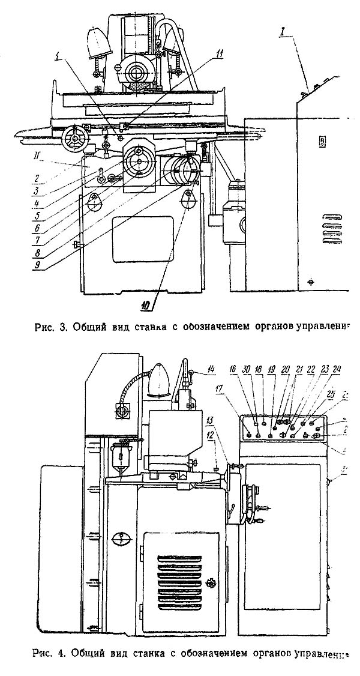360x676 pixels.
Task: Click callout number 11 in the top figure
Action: (x=220, y=54)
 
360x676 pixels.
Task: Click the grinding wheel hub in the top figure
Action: (x=136, y=75)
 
